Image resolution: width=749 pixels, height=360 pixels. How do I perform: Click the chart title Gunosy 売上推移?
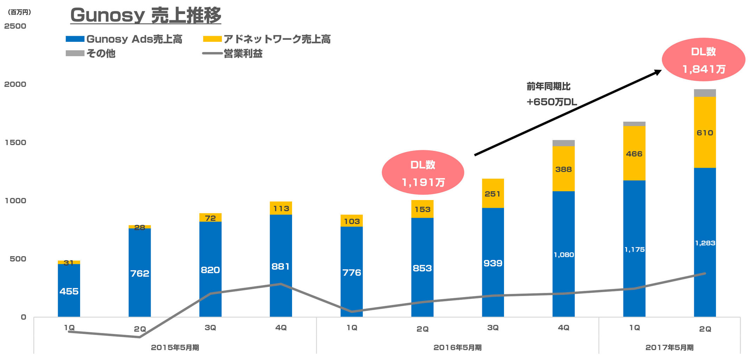click(x=146, y=15)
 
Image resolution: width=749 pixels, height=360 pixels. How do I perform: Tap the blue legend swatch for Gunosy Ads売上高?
click(x=75, y=39)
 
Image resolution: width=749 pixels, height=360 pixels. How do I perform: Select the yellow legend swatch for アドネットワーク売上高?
click(x=212, y=39)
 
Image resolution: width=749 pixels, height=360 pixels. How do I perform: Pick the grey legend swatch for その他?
click(x=75, y=53)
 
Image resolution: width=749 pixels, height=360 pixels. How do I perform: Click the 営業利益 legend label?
click(x=243, y=54)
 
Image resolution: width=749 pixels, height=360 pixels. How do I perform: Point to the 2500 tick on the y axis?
click(x=15, y=26)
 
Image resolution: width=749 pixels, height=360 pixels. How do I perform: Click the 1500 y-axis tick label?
click(x=15, y=143)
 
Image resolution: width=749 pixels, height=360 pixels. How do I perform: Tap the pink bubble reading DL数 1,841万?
click(x=703, y=60)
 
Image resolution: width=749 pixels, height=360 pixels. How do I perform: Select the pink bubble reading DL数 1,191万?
click(x=423, y=173)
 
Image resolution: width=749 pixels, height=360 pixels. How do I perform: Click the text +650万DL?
click(x=551, y=102)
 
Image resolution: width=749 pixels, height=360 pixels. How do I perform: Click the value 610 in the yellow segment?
click(x=705, y=133)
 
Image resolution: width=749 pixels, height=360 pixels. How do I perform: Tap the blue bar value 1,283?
click(x=705, y=243)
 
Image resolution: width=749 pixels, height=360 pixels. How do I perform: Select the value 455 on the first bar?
click(x=69, y=291)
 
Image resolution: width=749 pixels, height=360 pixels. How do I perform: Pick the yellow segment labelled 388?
click(x=563, y=169)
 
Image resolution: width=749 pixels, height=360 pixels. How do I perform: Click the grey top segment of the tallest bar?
click(x=705, y=93)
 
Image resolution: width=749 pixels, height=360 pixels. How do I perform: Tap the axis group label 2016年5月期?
click(x=457, y=348)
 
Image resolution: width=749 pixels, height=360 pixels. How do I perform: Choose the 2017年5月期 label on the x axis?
click(x=669, y=348)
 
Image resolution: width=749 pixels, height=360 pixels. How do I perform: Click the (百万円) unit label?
click(x=19, y=12)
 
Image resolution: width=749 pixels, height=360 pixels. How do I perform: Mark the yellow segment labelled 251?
click(x=493, y=194)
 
